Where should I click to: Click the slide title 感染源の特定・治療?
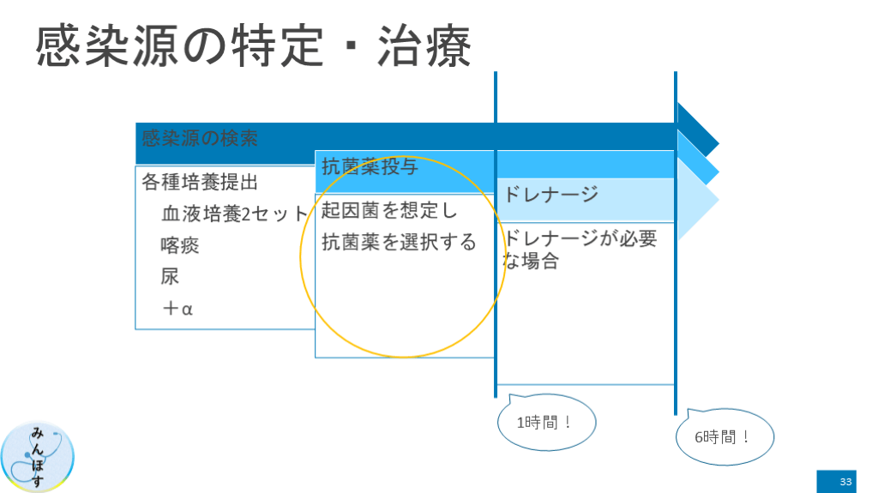tap(254, 45)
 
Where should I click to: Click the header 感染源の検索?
tap(200, 138)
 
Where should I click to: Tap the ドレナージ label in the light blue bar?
tap(550, 195)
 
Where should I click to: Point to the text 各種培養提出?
tap(200, 182)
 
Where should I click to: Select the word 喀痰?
tap(180, 245)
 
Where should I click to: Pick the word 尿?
tap(170, 276)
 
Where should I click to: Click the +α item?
tap(177, 308)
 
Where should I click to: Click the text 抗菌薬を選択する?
tap(399, 242)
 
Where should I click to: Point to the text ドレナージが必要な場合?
tap(580, 249)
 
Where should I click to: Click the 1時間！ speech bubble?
tap(545, 423)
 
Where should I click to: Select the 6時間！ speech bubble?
tap(724, 437)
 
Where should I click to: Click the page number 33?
tap(845, 481)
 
